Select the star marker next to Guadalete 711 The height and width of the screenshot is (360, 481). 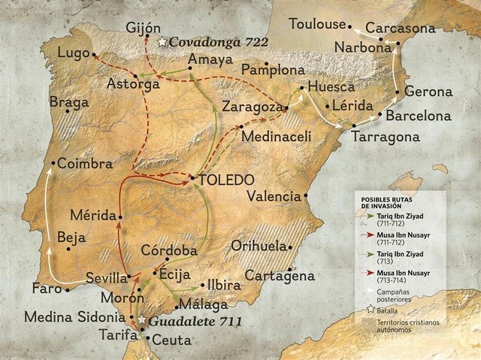[x=141, y=321]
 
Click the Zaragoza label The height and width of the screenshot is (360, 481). [x=251, y=107]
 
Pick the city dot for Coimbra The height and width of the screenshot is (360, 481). [x=53, y=163]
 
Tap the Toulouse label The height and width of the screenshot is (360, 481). [x=316, y=23]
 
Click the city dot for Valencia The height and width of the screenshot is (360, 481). [x=306, y=196]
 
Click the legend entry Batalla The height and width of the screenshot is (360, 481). [x=388, y=309]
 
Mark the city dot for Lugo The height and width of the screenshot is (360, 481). [x=94, y=54]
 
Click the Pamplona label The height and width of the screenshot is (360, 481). [x=273, y=70]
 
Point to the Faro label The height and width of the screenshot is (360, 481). [x=47, y=288]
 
